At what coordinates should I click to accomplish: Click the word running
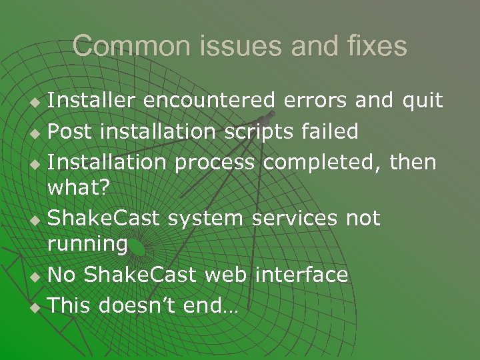87,245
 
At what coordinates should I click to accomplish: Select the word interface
301,275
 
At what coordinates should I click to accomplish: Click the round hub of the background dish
138,249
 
